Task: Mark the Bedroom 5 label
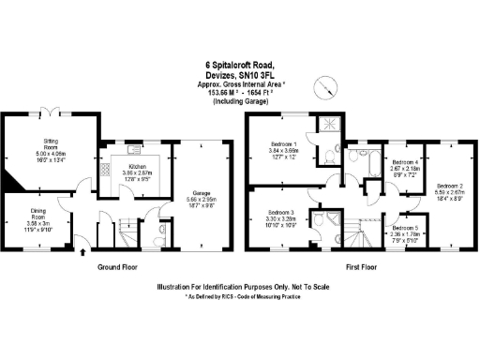(x=406, y=232)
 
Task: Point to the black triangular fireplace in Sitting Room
(x=8, y=180)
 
